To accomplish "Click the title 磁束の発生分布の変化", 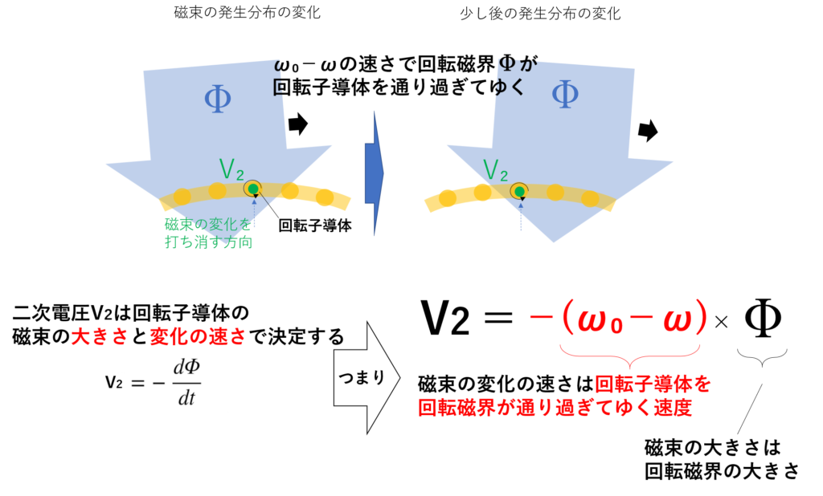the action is [248, 13].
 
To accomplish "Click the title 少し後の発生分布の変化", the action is [540, 13].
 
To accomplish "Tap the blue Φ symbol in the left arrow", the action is [217, 99].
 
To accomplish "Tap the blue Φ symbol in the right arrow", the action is [565, 95].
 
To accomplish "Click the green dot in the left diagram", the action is [253, 189].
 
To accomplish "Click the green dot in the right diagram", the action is [520, 192].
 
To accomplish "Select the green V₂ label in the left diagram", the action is [231, 169].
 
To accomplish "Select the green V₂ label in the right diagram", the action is [495, 170].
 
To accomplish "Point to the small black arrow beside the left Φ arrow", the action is [298, 124].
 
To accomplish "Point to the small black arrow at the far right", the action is [649, 131].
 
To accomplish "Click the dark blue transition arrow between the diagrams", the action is [375, 173].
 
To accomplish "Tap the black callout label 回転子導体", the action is [315, 226].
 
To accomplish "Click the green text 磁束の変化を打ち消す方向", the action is [208, 234].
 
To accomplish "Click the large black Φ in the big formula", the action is [764, 319].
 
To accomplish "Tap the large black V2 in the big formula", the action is [445, 319].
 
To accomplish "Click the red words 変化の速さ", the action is [198, 336].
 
